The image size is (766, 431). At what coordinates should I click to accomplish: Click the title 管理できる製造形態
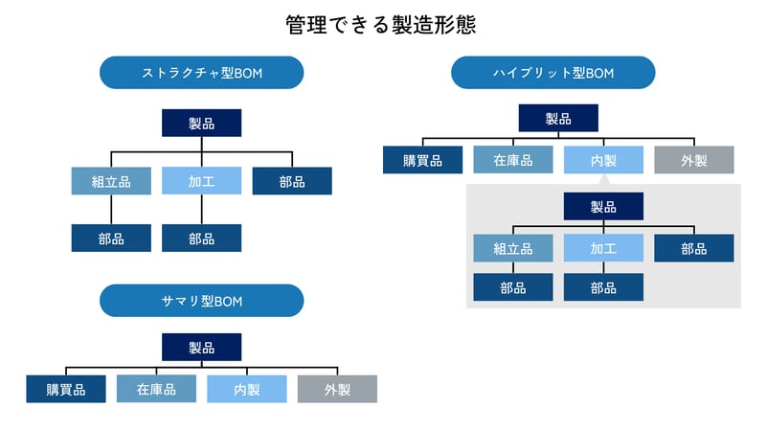click(381, 25)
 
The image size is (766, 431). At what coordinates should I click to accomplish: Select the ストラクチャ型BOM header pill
click(201, 73)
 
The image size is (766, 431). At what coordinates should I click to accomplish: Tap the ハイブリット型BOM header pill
click(552, 73)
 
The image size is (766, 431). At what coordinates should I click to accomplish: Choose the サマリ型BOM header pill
click(201, 301)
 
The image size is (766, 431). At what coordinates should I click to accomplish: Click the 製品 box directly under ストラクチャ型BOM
click(201, 123)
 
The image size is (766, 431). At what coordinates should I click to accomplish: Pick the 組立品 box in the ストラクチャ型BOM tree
click(111, 181)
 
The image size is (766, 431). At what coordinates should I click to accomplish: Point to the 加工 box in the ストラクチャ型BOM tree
click(201, 181)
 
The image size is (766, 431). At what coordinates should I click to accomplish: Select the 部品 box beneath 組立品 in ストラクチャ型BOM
click(111, 238)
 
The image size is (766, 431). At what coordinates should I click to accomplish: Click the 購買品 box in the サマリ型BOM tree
click(66, 389)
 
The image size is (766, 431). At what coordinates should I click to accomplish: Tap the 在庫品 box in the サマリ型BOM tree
click(156, 389)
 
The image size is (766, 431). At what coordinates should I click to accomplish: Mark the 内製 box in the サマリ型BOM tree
click(246, 389)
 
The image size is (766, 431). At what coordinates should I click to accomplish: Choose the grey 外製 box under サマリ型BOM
click(337, 389)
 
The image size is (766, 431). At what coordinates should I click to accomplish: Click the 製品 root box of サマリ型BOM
click(201, 348)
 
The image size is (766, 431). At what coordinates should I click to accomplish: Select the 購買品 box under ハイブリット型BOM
click(422, 160)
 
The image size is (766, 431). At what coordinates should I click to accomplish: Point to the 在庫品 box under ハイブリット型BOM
click(512, 160)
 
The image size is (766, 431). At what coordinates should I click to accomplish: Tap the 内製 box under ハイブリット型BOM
click(603, 160)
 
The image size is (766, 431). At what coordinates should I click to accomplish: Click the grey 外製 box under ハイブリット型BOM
click(693, 160)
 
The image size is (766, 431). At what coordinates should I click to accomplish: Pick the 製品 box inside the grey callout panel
click(603, 206)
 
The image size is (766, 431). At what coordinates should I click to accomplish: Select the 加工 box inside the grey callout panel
click(603, 248)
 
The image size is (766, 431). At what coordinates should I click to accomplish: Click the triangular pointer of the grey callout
click(603, 179)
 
